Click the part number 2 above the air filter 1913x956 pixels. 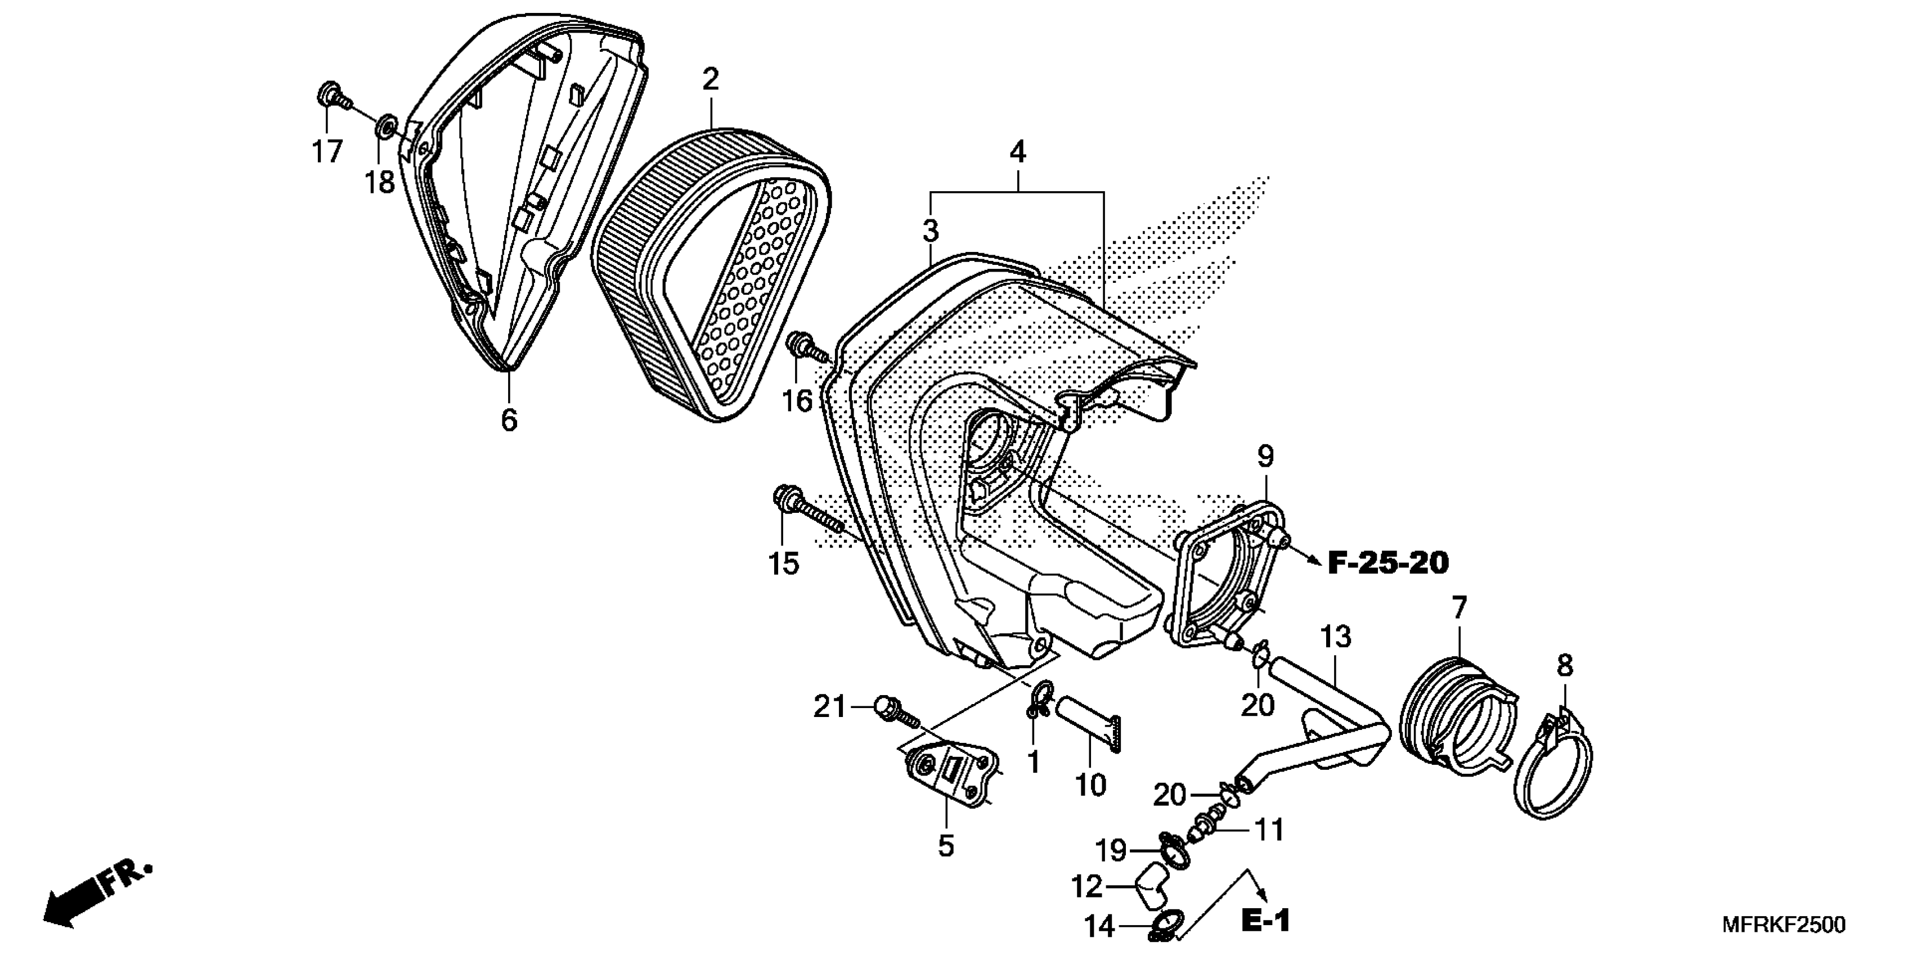(x=711, y=80)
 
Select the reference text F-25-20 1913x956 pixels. (x=1387, y=564)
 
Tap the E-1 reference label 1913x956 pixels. (x=1265, y=922)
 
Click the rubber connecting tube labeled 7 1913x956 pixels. (x=1456, y=713)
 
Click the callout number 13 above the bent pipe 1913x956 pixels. (x=1336, y=637)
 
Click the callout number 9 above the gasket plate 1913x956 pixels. (x=1265, y=456)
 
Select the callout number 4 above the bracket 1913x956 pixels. (x=1017, y=152)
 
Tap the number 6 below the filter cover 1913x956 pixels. (x=509, y=420)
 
